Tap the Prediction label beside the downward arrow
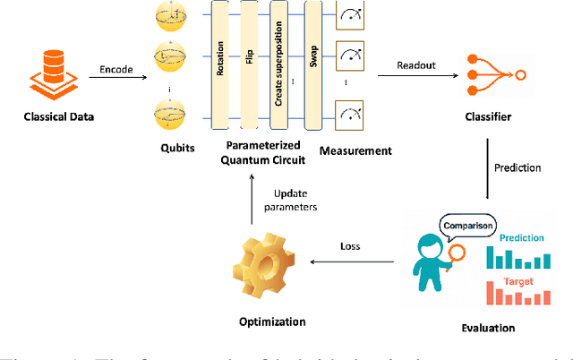tap(517, 167)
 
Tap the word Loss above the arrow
tap(351, 245)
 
